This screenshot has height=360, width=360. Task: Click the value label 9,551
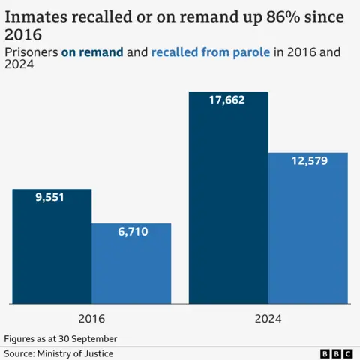tap(52, 199)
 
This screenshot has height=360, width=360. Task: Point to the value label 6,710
tap(133, 232)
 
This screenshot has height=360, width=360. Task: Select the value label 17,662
tap(229, 100)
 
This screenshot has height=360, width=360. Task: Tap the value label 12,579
tap(308, 161)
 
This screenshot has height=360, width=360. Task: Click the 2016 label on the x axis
tap(91, 318)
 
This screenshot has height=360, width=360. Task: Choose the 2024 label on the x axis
tap(268, 318)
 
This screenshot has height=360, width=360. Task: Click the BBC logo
tap(336, 353)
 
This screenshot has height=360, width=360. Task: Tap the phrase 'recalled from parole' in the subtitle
tap(210, 52)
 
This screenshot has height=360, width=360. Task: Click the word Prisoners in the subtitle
tap(31, 52)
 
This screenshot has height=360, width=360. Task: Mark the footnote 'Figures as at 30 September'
tap(61, 338)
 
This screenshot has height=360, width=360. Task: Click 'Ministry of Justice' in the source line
tap(82, 353)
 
